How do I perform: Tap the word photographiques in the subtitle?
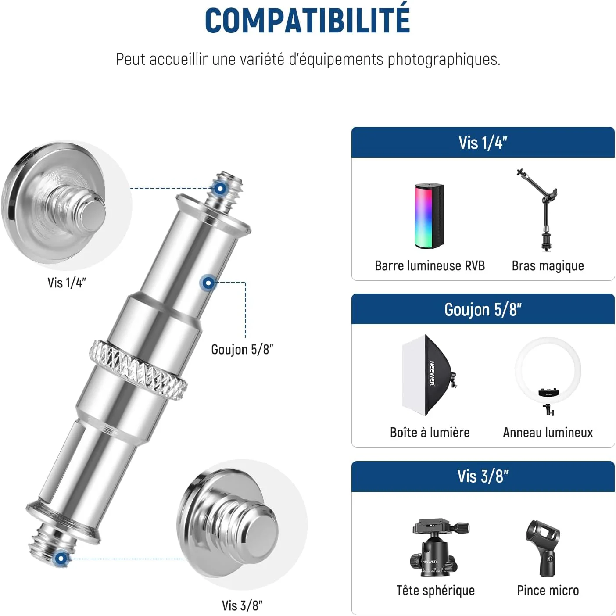(x=444, y=60)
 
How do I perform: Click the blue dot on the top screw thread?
(x=220, y=189)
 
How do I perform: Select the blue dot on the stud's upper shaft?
(x=208, y=283)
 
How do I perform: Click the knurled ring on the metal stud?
(x=138, y=370)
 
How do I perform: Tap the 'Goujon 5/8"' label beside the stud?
(x=242, y=349)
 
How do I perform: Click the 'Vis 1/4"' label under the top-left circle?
(x=67, y=283)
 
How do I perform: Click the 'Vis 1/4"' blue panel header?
(x=483, y=142)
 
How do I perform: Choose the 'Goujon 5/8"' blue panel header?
(x=483, y=309)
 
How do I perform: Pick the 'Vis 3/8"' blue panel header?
(x=483, y=476)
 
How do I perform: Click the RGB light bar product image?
(x=429, y=216)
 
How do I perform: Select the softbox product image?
(x=429, y=375)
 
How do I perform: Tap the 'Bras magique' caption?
(x=548, y=266)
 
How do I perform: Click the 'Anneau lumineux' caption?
(x=548, y=433)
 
